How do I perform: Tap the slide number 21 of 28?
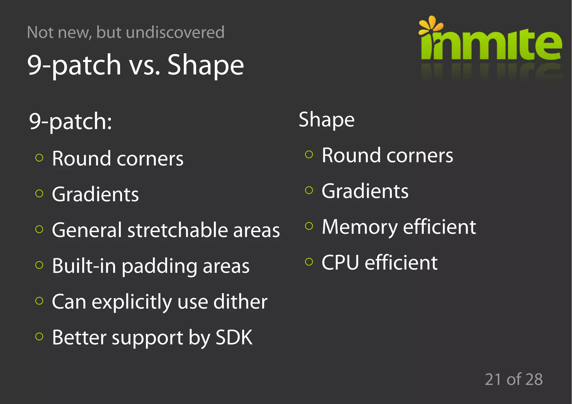[x=513, y=379]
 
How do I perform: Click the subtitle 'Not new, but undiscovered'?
[x=126, y=32]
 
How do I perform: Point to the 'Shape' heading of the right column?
[x=326, y=119]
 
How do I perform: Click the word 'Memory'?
[x=360, y=227]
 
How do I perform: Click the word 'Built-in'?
[x=84, y=266]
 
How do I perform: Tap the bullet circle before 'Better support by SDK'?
[x=39, y=336]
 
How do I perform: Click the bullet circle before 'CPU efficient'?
[x=309, y=262]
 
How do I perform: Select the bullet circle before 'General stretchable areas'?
[x=39, y=229]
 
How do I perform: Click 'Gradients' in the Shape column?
[x=365, y=191]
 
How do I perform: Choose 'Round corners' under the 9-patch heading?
[x=118, y=159]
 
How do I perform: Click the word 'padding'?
[x=159, y=266]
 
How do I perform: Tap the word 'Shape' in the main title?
[x=206, y=65]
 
